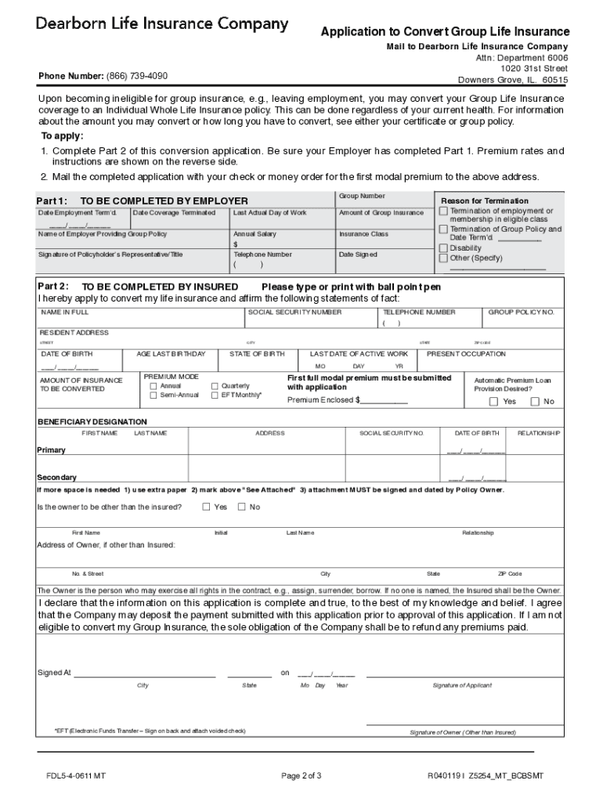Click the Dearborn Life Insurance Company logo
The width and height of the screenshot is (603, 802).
tap(161, 25)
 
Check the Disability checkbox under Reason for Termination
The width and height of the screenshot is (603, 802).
tap(444, 247)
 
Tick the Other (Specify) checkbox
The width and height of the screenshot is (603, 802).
tap(444, 258)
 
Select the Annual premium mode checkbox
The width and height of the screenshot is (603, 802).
tap(153, 386)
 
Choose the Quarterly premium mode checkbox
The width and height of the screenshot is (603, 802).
tap(215, 386)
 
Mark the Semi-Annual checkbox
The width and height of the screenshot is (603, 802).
tap(153, 396)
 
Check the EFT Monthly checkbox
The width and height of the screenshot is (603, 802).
tap(215, 396)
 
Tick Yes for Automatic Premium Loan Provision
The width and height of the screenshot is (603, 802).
tap(493, 402)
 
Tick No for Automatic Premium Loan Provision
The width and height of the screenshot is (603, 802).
tap(535, 402)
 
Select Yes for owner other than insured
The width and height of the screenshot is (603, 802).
tap(207, 507)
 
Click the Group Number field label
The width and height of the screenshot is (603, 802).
tap(362, 196)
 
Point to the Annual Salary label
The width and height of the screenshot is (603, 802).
tap(255, 234)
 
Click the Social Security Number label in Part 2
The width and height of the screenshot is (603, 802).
tap(294, 312)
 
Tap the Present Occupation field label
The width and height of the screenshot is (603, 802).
tap(466, 354)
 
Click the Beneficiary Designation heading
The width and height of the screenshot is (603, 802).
tap(92, 421)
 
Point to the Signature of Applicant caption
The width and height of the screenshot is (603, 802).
tap(462, 685)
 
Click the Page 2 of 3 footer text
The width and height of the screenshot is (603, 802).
tap(301, 776)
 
